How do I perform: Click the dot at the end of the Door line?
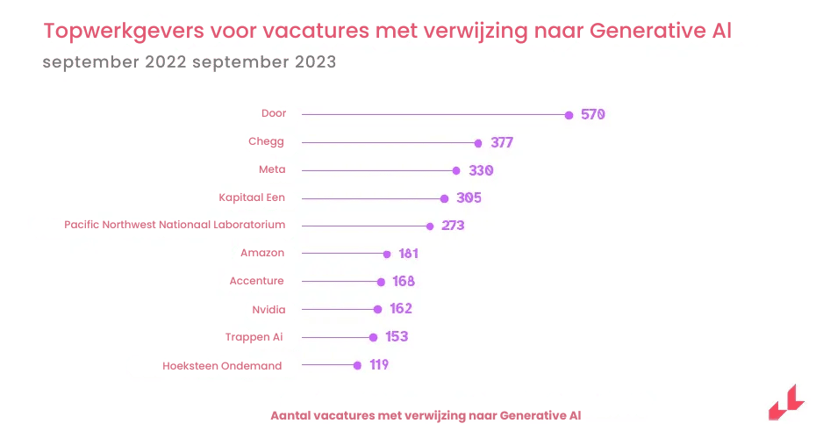(569, 115)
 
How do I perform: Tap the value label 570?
(593, 115)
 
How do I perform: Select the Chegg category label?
(267, 141)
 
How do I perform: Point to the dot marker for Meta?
(456, 170)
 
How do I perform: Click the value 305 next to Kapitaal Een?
(469, 198)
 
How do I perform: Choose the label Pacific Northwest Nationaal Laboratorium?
(175, 225)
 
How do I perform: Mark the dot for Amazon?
(387, 254)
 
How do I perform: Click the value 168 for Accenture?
(404, 282)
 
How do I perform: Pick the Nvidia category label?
(268, 309)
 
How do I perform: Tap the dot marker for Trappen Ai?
(373, 337)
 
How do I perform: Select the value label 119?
(379, 365)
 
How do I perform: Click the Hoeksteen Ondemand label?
(222, 366)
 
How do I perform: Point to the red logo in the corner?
(785, 403)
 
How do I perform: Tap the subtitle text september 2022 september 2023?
(189, 63)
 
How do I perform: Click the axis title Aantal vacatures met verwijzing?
(426, 415)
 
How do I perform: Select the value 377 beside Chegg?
(502, 143)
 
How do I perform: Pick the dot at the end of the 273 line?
(430, 226)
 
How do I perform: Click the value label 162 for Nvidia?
(400, 309)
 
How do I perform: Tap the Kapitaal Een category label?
(252, 197)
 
